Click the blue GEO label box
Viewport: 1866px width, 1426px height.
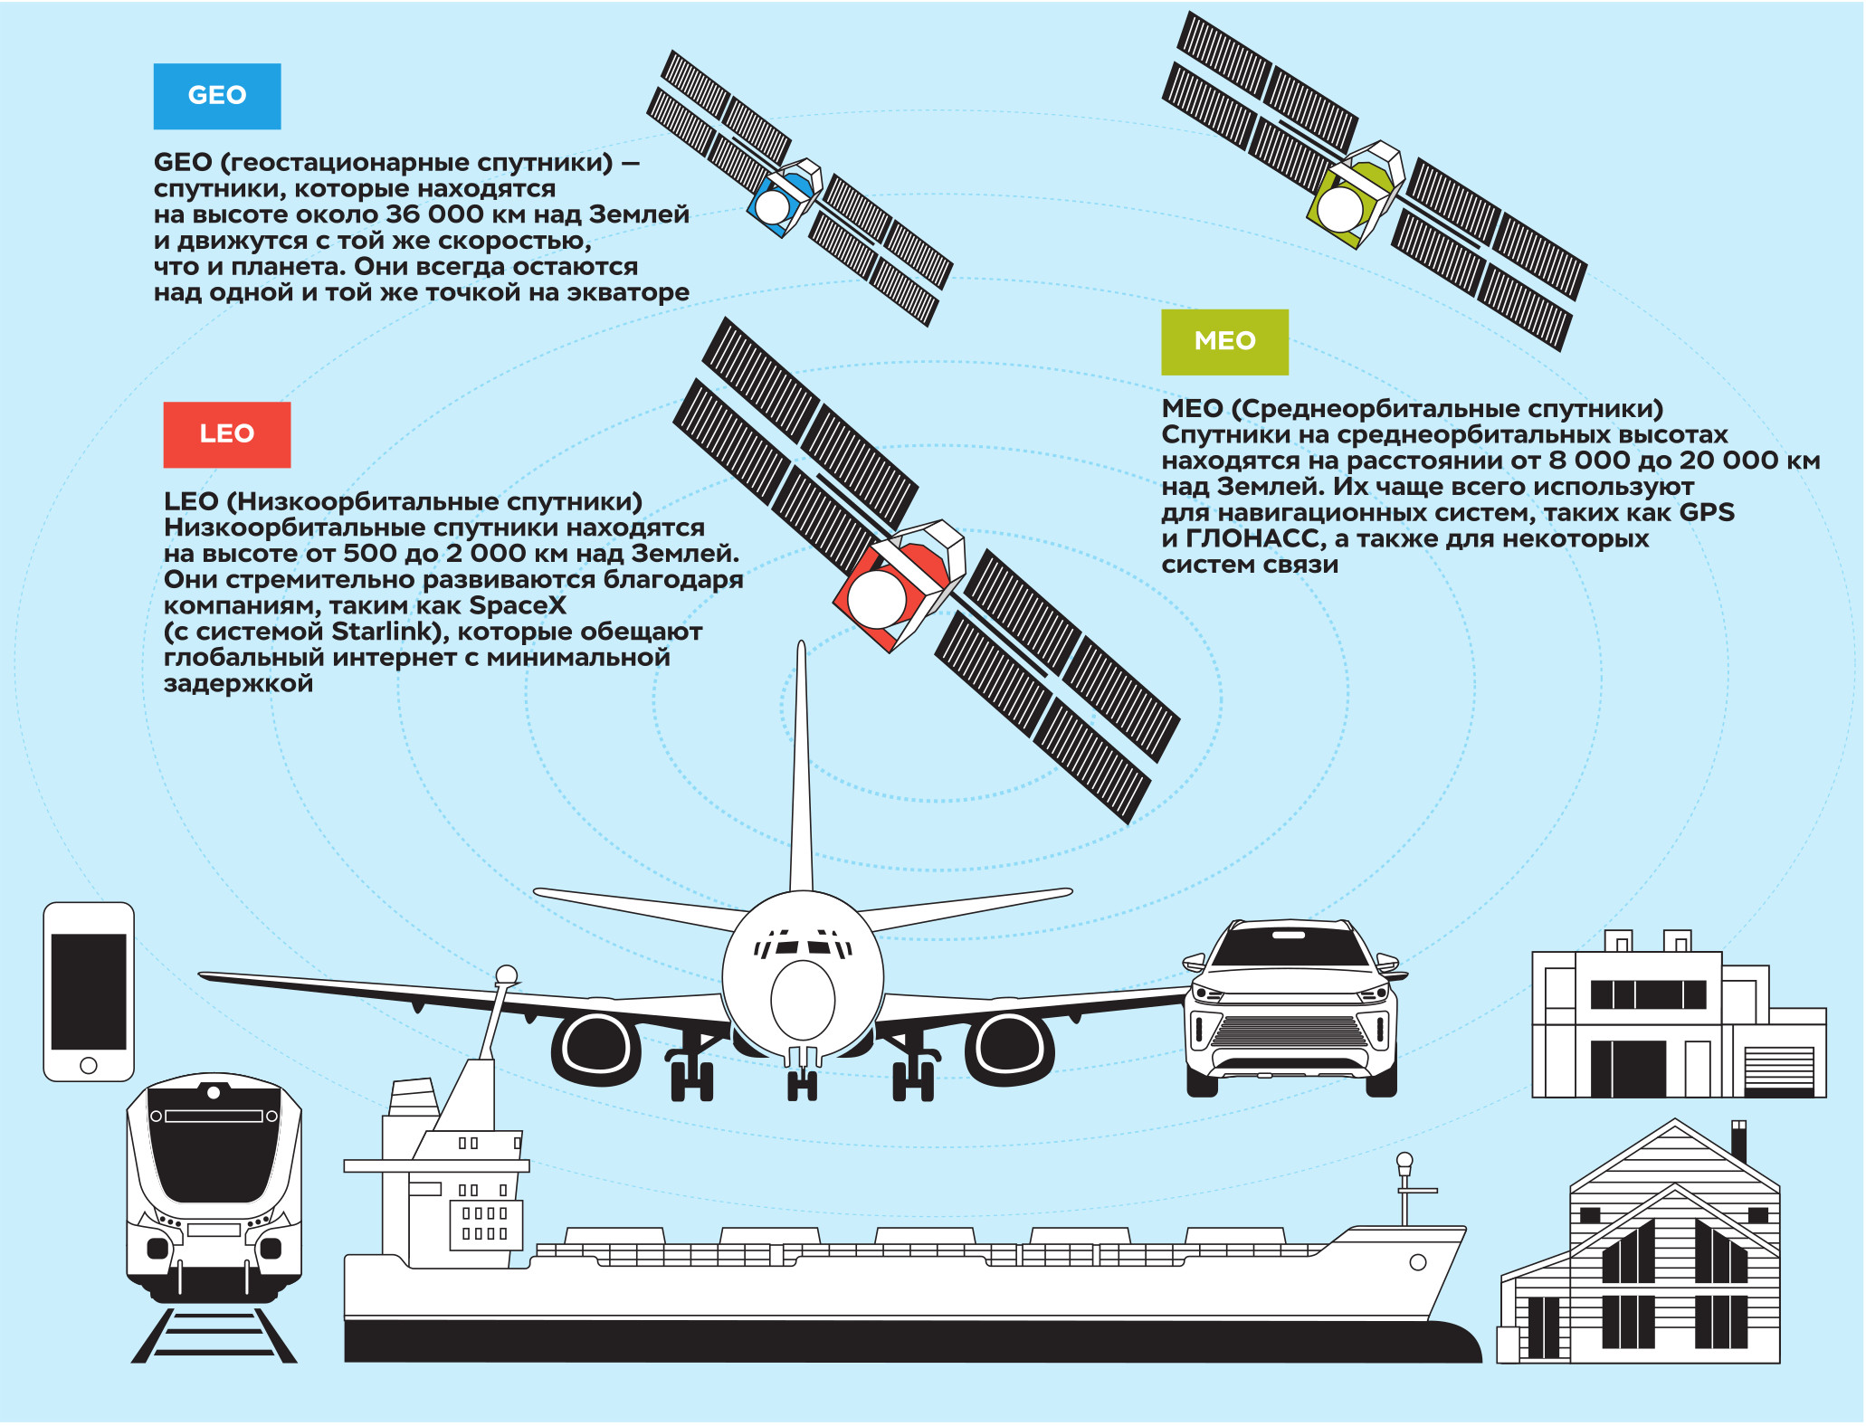pyautogui.click(x=217, y=96)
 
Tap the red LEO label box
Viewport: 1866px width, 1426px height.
pyautogui.click(x=227, y=434)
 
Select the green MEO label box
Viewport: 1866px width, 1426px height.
pyautogui.click(x=1224, y=342)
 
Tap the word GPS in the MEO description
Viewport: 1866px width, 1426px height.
pyautogui.click(x=1707, y=513)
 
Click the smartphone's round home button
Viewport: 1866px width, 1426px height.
pyautogui.click(x=89, y=1065)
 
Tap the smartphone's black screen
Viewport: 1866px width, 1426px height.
pyautogui.click(x=89, y=991)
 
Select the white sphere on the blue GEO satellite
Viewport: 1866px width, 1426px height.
pyautogui.click(x=773, y=206)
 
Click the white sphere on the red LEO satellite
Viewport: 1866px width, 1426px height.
pyautogui.click(x=876, y=598)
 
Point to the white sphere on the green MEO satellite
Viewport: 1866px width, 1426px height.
pyautogui.click(x=1340, y=209)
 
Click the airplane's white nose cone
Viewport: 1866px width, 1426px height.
pyautogui.click(x=803, y=1000)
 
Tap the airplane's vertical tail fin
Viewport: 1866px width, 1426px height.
pyautogui.click(x=801, y=769)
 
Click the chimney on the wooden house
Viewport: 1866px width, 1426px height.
pyautogui.click(x=1738, y=1141)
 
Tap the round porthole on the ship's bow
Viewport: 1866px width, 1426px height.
pyautogui.click(x=1418, y=1262)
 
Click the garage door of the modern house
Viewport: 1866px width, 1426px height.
pyautogui.click(x=1779, y=1069)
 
